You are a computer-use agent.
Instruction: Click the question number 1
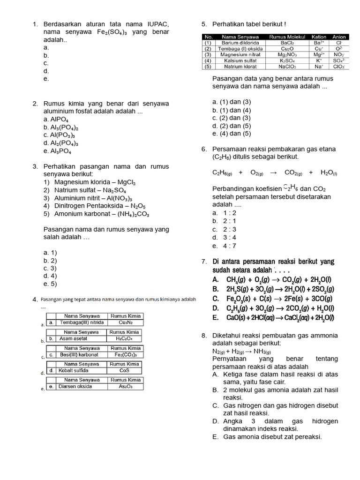coord(34,24)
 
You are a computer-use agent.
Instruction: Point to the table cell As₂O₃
coord(125,387)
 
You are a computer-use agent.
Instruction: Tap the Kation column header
coord(319,37)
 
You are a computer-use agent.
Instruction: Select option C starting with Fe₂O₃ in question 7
coord(272,299)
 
